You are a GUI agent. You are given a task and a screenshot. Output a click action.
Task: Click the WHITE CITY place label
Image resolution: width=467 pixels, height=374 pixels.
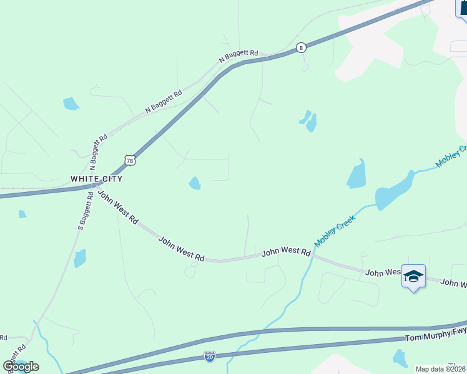[96, 179]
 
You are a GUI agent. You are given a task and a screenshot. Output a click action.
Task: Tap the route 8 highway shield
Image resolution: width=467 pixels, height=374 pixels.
[302, 47]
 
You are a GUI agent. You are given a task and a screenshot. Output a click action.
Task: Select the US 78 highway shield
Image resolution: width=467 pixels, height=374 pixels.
[130, 160]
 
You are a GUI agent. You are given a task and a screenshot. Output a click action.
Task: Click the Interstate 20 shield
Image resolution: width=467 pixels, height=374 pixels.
[210, 357]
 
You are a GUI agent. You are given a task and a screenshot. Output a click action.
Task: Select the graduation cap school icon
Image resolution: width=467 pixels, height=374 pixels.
[413, 276]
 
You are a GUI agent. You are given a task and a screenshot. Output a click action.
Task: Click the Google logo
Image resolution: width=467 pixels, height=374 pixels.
[21, 366]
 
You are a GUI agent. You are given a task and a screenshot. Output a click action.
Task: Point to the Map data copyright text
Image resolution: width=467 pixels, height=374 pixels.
[441, 369]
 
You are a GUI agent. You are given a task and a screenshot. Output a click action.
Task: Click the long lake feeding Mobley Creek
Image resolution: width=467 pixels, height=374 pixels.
[395, 191]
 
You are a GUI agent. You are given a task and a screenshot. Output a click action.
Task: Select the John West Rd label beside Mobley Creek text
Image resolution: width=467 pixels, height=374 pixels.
[286, 252]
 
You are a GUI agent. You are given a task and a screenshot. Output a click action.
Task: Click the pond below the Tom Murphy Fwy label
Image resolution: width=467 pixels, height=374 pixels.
[400, 358]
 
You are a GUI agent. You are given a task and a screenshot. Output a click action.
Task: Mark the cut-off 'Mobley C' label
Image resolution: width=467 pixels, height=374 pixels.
[451, 156]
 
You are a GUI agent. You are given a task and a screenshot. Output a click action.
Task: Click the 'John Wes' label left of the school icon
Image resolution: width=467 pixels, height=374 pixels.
[383, 272]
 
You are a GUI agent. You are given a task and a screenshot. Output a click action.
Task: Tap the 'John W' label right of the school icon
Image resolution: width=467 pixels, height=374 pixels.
[453, 284]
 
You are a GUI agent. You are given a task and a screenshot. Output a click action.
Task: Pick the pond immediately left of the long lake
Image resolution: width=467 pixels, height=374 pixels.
[356, 174]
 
